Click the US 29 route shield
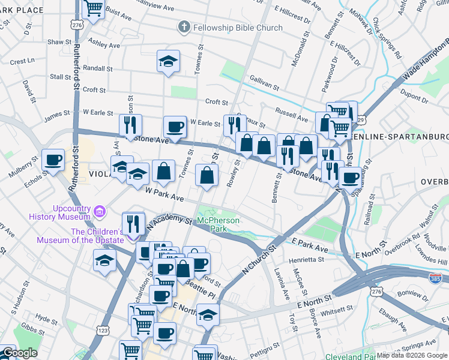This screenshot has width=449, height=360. (x=360, y=120)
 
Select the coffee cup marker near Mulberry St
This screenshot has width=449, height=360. (x=53, y=160)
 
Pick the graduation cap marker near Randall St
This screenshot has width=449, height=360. (x=168, y=61)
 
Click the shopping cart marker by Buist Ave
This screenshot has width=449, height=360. (x=94, y=9)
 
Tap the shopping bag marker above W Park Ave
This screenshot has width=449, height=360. (x=206, y=176)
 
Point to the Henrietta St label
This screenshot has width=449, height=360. (x=307, y=260)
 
